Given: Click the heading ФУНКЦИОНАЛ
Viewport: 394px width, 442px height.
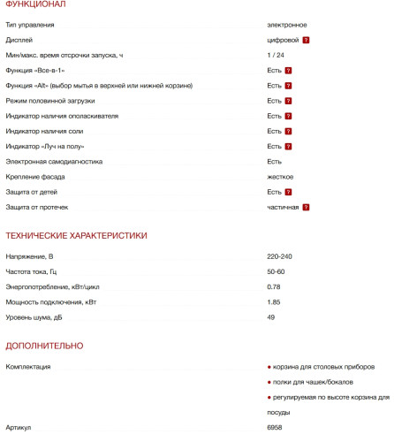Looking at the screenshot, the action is [35, 5].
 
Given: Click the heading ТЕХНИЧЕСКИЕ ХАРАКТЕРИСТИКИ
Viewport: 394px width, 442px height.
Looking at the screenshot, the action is [76, 235].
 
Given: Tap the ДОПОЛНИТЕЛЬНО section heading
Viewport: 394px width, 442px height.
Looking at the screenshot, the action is [44, 346].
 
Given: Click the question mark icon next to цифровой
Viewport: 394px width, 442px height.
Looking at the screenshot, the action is [306, 41].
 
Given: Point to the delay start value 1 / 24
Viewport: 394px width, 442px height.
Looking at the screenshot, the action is [276, 55].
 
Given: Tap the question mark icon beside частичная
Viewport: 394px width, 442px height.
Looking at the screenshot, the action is [306, 207].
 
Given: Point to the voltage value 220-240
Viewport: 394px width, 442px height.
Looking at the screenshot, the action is [279, 255].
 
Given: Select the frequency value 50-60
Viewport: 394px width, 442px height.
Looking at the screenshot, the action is [276, 271].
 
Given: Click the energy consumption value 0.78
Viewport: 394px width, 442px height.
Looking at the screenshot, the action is [274, 286].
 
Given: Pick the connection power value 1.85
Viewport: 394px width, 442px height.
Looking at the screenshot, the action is [274, 302].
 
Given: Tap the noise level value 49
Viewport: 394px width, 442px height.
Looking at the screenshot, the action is [271, 317].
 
